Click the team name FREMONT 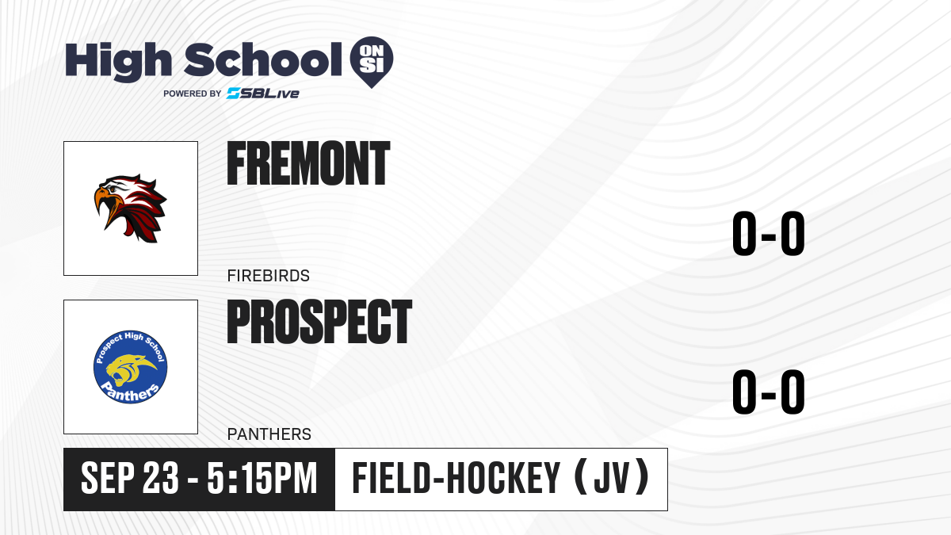coord(308,163)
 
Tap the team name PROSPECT coord(319,322)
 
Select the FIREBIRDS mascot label coord(269,276)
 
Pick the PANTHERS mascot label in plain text coord(269,434)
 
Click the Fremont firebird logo coord(130,208)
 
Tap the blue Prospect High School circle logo coord(130,367)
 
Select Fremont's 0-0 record coord(769,234)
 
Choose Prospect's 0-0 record coord(769,392)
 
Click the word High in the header coord(118,61)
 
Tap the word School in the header coord(263,60)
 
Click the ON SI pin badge coord(372,62)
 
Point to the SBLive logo coord(263,94)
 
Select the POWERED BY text coord(193,94)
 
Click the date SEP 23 coord(129,478)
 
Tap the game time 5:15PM coord(262,478)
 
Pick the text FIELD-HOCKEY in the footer coord(456,478)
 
